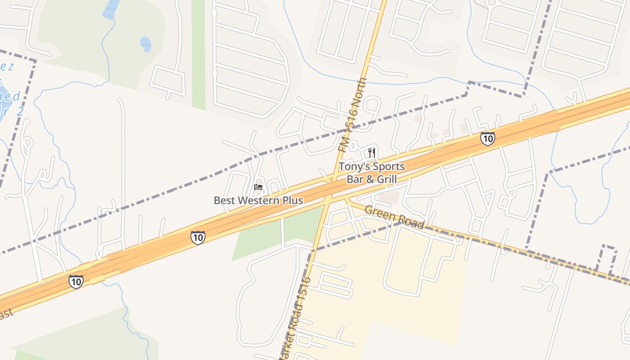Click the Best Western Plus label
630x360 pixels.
coord(258,200)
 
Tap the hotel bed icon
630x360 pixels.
coord(258,187)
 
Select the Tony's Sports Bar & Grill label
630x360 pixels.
coord(372,173)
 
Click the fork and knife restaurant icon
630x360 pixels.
coord(372,153)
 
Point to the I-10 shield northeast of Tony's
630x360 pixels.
coord(487,138)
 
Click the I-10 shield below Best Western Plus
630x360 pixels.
coord(198,237)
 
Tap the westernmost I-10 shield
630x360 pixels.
coord(76,282)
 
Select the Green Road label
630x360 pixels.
coord(394,217)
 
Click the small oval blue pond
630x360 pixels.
coord(145,44)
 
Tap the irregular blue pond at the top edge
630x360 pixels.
coord(111,9)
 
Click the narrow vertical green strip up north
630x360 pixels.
coord(198,54)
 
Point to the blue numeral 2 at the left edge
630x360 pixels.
coord(19,112)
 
